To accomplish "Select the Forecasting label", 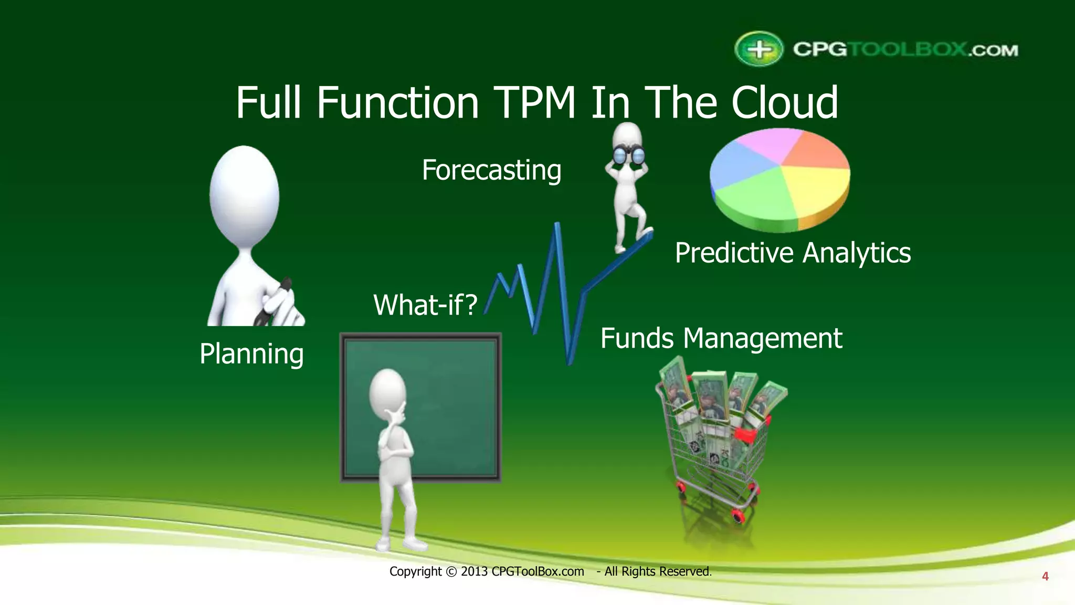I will tap(491, 170).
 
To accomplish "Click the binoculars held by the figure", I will tap(629, 154).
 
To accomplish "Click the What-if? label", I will tap(425, 305).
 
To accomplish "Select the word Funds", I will tap(637, 338).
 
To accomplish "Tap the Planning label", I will tap(251, 354).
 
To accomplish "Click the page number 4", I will tap(1045, 577).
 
